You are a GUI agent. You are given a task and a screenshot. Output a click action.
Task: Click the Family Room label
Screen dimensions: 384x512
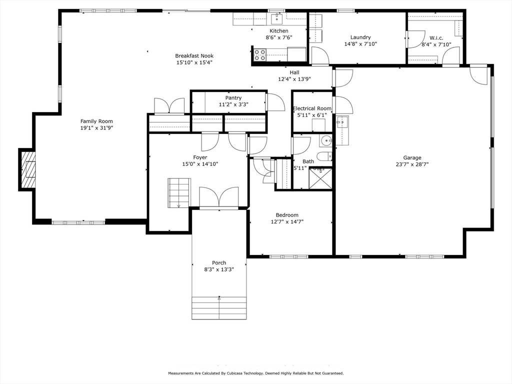(x=96, y=121)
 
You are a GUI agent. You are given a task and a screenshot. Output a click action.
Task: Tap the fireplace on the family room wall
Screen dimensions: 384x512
(x=28, y=169)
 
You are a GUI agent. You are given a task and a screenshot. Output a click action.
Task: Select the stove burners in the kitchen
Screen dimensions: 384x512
(x=260, y=54)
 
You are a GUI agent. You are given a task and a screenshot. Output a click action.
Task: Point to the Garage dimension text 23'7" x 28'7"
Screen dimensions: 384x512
(x=412, y=164)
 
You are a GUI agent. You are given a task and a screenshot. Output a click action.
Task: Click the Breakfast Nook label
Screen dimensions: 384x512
(x=194, y=56)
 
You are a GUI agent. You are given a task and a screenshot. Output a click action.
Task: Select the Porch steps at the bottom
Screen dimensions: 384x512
(x=219, y=308)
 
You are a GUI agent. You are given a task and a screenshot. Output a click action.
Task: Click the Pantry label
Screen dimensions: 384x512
(x=233, y=98)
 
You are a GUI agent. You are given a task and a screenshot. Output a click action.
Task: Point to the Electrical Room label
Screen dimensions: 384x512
(x=312, y=108)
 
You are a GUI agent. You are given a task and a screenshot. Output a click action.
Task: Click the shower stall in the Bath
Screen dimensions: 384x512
(x=320, y=178)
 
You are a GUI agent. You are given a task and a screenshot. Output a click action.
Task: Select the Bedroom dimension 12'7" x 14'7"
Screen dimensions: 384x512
(x=287, y=221)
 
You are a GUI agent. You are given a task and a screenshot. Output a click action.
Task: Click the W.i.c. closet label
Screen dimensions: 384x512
(x=436, y=38)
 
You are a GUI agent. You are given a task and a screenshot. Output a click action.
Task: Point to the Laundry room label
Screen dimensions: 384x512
(x=360, y=37)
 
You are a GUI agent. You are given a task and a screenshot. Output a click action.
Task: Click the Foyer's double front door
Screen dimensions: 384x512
(x=219, y=197)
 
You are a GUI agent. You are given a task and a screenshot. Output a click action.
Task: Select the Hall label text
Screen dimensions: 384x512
(x=294, y=72)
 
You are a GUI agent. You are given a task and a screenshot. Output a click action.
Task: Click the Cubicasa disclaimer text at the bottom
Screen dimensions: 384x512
(x=255, y=373)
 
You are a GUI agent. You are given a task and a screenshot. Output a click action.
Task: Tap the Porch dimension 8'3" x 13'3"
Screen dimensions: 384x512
(x=218, y=269)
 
